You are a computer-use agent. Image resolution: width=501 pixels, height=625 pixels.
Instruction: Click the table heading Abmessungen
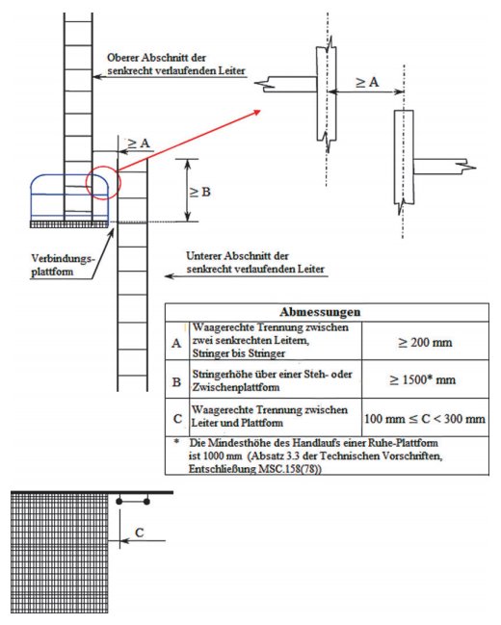[320, 312]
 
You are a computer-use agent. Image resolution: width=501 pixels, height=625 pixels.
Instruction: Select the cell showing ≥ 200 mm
[425, 342]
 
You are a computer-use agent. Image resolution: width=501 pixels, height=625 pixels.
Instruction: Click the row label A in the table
[176, 343]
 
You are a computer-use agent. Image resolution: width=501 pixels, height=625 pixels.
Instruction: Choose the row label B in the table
[176, 382]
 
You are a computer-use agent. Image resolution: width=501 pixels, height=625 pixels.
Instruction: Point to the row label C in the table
[177, 419]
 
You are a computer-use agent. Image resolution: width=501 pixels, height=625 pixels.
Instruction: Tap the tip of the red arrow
[260, 111]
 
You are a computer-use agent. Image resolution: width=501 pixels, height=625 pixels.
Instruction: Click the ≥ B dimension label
[199, 193]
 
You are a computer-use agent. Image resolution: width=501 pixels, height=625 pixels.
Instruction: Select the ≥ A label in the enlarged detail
[367, 82]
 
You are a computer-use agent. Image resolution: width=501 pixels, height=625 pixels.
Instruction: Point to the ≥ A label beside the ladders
[139, 143]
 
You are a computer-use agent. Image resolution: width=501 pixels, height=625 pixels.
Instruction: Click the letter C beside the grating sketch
[139, 533]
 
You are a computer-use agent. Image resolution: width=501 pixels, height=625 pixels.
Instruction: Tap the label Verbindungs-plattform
[63, 265]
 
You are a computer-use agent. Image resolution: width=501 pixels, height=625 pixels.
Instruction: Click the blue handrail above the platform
[69, 176]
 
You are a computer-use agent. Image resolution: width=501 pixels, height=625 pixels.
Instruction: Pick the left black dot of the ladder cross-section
[119, 501]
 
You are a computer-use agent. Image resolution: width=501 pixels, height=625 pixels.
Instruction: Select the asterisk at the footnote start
[176, 441]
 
